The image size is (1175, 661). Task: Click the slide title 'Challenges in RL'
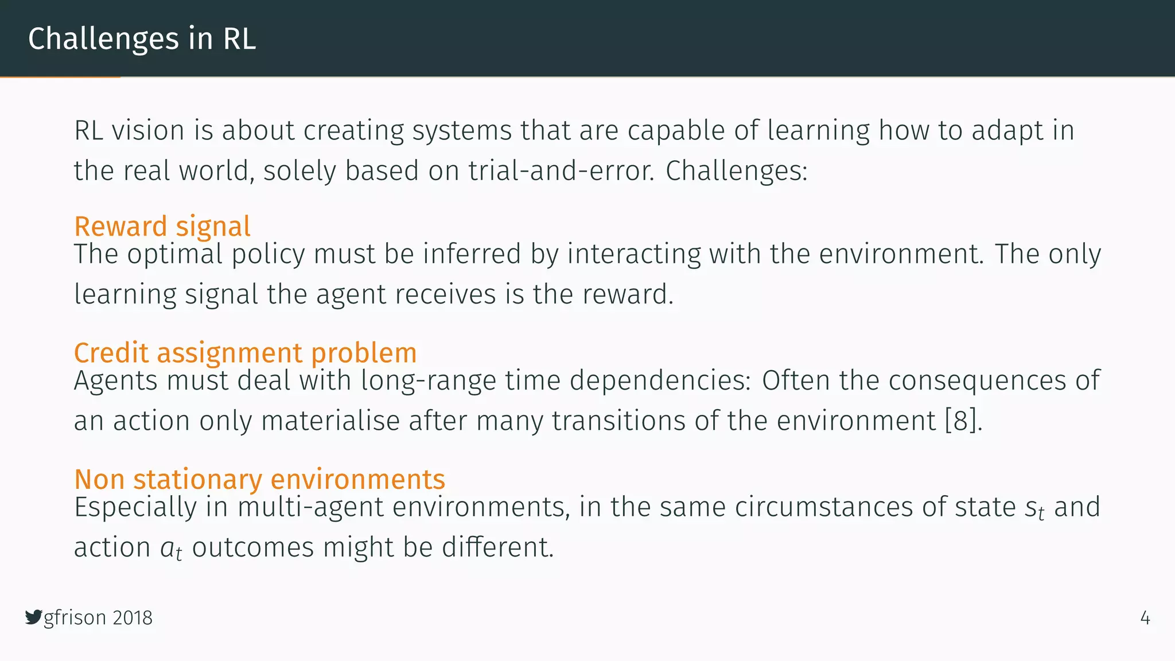pyautogui.click(x=142, y=39)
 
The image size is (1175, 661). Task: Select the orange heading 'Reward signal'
pyautogui.click(x=162, y=226)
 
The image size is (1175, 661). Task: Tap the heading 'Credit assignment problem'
pyautogui.click(x=245, y=352)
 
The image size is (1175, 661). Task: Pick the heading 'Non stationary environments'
pyautogui.click(x=259, y=479)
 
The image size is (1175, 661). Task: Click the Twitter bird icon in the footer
pyautogui.click(x=33, y=617)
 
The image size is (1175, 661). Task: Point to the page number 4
pyautogui.click(x=1145, y=618)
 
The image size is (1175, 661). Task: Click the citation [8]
pyautogui.click(x=963, y=421)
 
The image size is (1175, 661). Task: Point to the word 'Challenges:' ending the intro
pyautogui.click(x=737, y=171)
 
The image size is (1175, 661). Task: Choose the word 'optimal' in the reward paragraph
pyautogui.click(x=174, y=254)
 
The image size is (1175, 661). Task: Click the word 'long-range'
pyautogui.click(x=428, y=380)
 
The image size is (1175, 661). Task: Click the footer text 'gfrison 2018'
pyautogui.click(x=98, y=617)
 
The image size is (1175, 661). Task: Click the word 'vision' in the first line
pyautogui.click(x=147, y=130)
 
